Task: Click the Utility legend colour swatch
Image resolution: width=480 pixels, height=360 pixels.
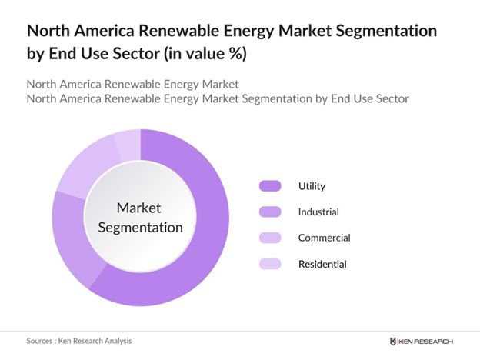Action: [271, 185]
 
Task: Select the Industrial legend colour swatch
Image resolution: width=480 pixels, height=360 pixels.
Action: [271, 212]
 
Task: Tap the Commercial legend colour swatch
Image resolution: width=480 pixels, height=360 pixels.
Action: [271, 238]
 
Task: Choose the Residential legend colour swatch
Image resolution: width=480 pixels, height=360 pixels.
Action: [271, 264]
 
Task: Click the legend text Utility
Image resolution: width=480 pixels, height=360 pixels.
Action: [312, 185]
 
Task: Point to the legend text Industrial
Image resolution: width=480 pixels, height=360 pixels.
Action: [318, 212]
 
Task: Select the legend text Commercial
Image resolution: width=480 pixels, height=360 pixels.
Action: [324, 238]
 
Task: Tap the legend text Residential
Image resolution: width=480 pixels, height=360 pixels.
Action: [322, 264]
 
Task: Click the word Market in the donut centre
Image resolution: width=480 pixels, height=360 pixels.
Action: [140, 208]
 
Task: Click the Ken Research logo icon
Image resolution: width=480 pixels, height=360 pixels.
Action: [394, 341]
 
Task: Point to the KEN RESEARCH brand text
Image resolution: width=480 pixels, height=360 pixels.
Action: [427, 341]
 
